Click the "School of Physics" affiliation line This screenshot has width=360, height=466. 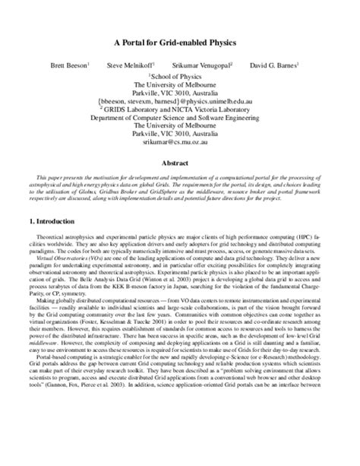point(180,76)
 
